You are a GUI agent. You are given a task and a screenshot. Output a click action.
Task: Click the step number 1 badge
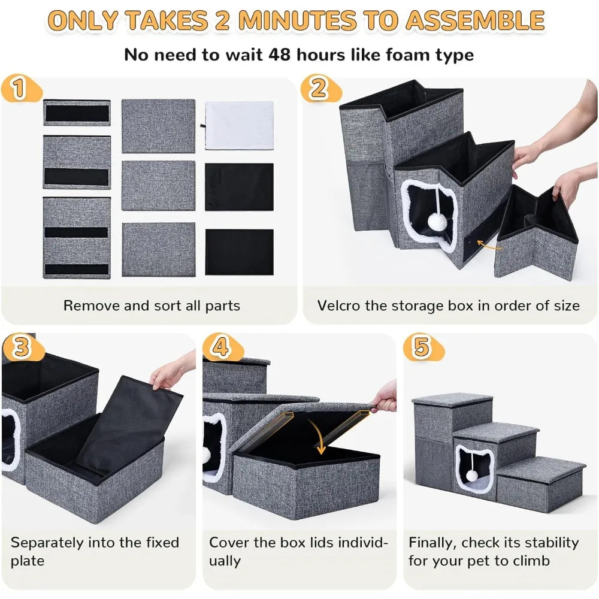pyautogui.click(x=19, y=89)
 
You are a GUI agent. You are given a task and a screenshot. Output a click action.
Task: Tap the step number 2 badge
pyautogui.click(x=317, y=89)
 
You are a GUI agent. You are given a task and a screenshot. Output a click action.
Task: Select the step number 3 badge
pyautogui.click(x=21, y=347)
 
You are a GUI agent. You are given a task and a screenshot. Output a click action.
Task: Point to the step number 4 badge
pyautogui.click(x=221, y=347)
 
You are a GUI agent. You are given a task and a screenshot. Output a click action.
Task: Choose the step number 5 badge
pyautogui.click(x=421, y=347)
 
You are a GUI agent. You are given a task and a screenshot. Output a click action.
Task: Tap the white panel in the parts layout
pyautogui.click(x=239, y=125)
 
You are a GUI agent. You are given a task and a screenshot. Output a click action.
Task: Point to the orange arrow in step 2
pyautogui.click(x=489, y=244)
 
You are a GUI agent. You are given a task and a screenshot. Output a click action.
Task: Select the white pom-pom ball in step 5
pyautogui.click(x=472, y=475)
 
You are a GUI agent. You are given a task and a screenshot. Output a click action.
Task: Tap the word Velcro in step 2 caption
pyautogui.click(x=340, y=305)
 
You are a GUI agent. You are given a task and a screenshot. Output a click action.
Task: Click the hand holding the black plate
pyautogui.click(x=168, y=374)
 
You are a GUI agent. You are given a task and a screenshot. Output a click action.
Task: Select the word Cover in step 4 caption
pyautogui.click(x=228, y=543)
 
